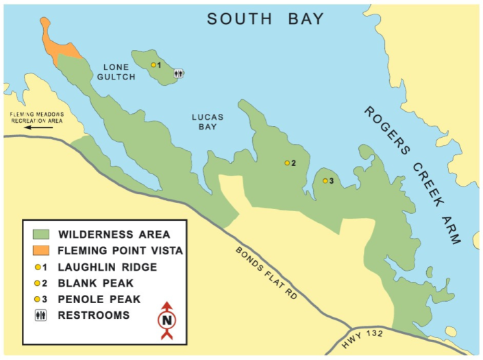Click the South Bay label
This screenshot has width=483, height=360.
266,19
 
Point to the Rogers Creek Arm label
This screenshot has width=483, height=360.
412,175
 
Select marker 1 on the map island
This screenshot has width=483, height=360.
153,65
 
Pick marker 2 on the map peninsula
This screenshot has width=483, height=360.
287,163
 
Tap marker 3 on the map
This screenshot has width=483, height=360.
325,181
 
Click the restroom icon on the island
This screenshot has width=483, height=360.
178,73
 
